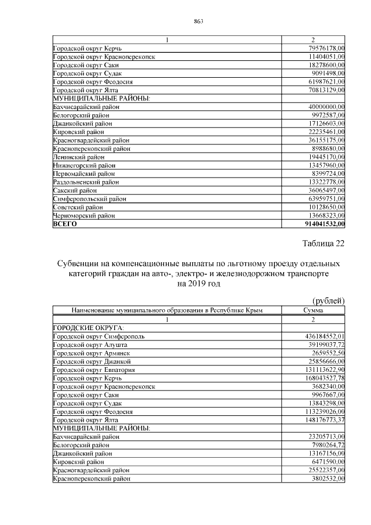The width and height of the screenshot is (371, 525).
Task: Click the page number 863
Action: [x=198, y=21]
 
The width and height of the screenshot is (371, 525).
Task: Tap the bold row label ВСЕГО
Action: [x=64, y=223]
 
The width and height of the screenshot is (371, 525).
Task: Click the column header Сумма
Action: [x=313, y=310]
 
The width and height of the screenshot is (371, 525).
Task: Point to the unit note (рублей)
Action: [x=328, y=300]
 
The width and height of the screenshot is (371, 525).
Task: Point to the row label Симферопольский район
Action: [x=88, y=198]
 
